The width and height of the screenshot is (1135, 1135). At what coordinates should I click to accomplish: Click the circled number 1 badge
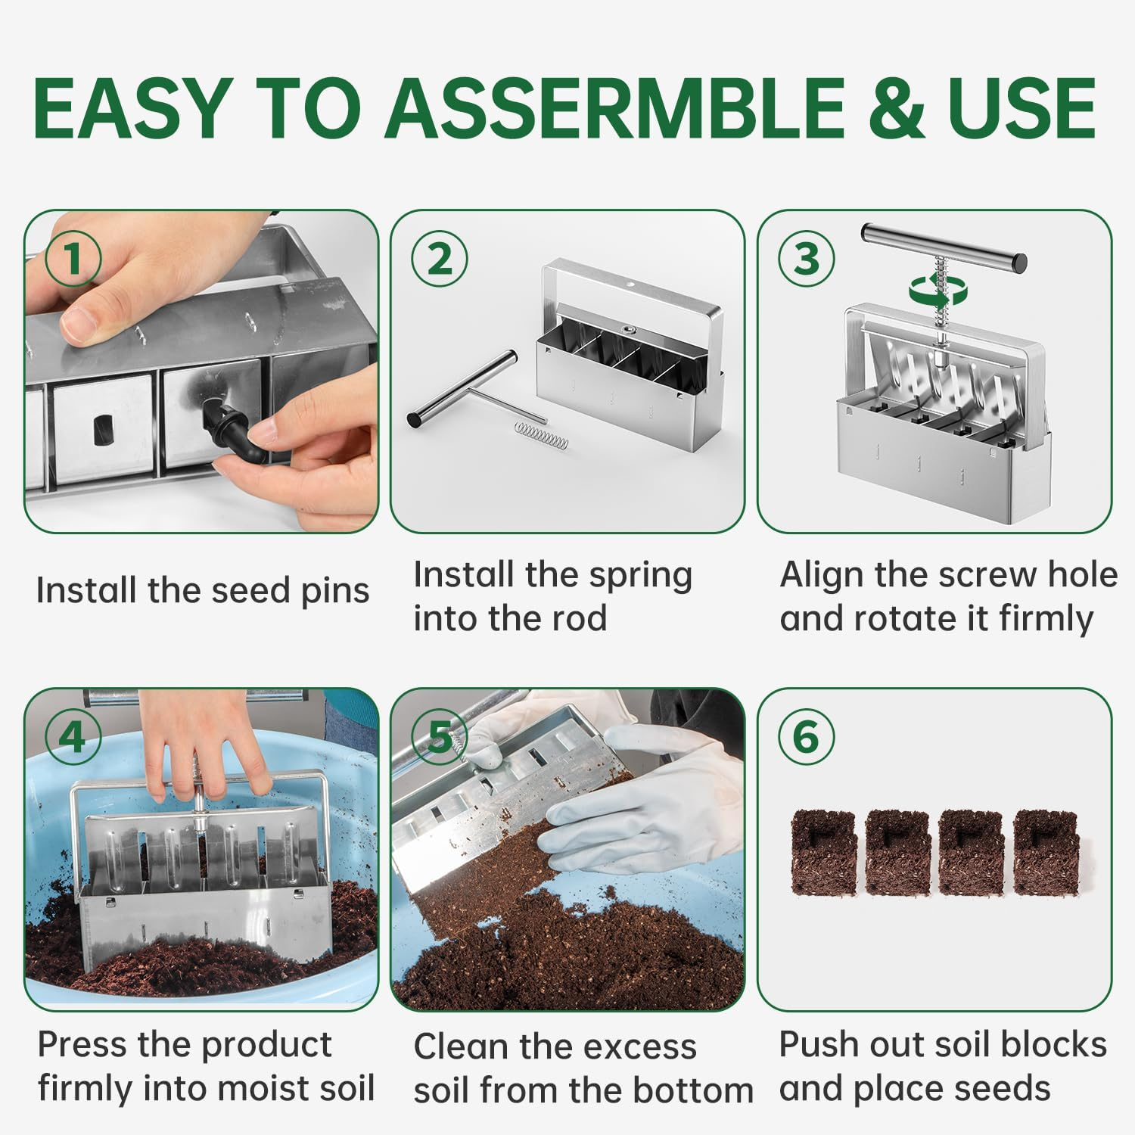[73, 259]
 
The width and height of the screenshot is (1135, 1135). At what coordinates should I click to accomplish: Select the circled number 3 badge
[806, 259]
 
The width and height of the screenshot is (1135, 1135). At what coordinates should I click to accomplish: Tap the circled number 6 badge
[806, 736]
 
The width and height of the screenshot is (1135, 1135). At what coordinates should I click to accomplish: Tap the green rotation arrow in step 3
[930, 290]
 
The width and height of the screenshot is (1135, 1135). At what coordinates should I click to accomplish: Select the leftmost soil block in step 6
[823, 852]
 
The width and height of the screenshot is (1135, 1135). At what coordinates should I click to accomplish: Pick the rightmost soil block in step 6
[1046, 852]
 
